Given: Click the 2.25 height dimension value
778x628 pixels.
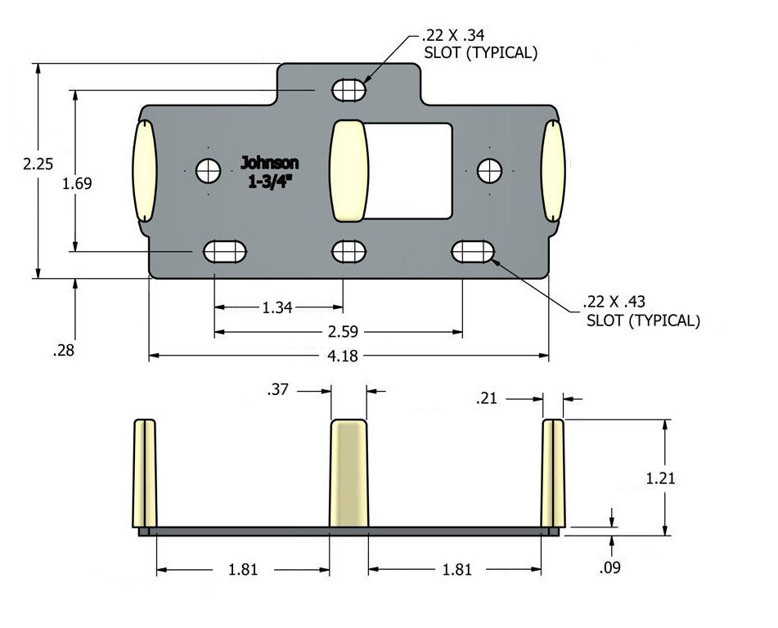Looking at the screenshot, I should pyautogui.click(x=38, y=164).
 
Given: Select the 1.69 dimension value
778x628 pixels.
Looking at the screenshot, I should pyautogui.click(x=78, y=183).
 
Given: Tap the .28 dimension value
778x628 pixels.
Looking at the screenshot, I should pyautogui.click(x=63, y=351).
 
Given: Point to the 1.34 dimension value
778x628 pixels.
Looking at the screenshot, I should pyautogui.click(x=277, y=307).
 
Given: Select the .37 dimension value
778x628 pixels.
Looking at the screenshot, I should pyautogui.click(x=278, y=392).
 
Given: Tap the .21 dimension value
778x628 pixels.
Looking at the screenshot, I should pyautogui.click(x=488, y=398).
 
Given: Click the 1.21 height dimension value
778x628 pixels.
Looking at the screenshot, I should pyautogui.click(x=660, y=478).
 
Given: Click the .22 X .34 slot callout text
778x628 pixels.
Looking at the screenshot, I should pyautogui.click(x=479, y=44).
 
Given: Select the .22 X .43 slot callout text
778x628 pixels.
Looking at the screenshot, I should pyautogui.click(x=642, y=311).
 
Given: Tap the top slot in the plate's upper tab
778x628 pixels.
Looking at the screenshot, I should pyautogui.click(x=349, y=89).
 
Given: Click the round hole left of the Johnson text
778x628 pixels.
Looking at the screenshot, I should pyautogui.click(x=208, y=171).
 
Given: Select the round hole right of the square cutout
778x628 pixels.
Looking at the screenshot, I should pyautogui.click(x=489, y=171).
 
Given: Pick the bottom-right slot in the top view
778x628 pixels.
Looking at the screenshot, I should pyautogui.click(x=474, y=251).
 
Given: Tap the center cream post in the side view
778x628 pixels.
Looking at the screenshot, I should pyautogui.click(x=349, y=474).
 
